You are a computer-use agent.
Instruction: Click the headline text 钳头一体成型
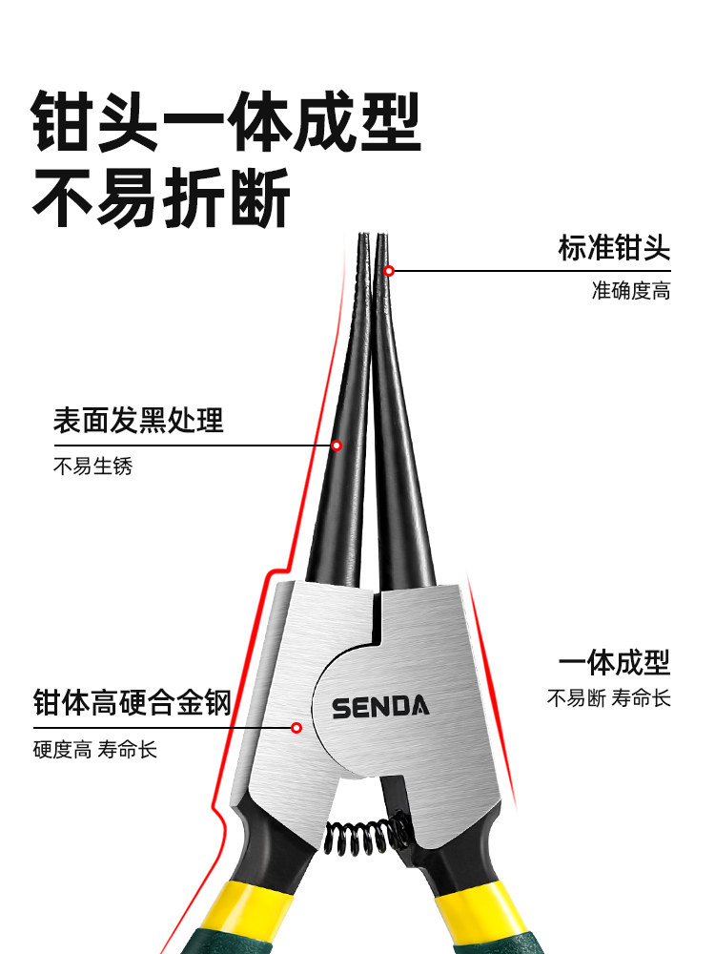226,121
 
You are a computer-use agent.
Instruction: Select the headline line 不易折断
162,198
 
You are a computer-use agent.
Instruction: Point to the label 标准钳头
614,249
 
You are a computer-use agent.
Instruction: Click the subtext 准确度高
630,291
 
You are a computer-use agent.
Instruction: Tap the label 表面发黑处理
138,420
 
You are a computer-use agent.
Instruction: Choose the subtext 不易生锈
92,467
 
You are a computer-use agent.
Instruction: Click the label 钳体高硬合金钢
132,704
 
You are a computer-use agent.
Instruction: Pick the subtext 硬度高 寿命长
94,749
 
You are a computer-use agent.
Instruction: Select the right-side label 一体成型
614,661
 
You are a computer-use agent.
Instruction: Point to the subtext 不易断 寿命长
608,698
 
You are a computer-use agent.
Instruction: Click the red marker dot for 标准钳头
389,271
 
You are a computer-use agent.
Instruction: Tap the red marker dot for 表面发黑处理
337,445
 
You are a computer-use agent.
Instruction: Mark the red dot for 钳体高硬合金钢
296,728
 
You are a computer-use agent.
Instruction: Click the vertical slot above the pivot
375,614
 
